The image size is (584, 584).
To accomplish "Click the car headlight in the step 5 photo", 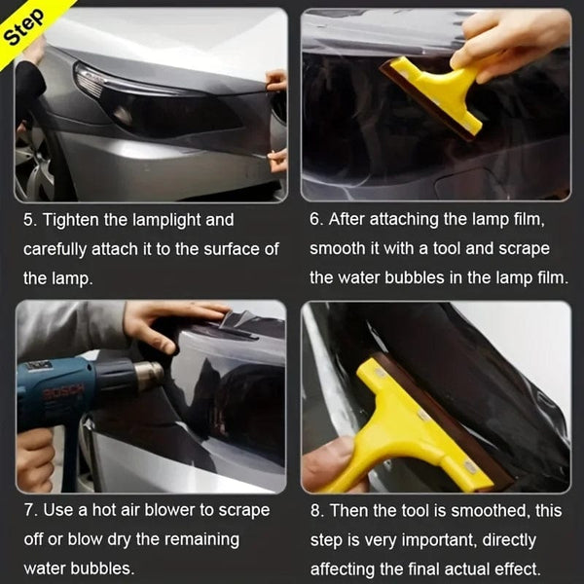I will (156, 103).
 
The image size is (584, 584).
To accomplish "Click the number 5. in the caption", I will (30, 220).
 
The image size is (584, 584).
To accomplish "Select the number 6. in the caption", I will (317, 219).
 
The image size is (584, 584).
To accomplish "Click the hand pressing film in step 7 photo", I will (165, 322).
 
